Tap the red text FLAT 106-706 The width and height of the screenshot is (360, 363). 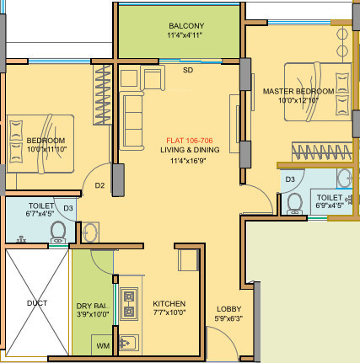click(x=190, y=139)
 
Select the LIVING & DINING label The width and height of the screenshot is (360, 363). click(x=190, y=149)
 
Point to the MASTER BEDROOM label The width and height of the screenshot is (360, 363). click(x=298, y=91)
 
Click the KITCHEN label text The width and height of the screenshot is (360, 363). click(x=169, y=304)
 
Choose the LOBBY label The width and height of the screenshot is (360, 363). click(x=228, y=309)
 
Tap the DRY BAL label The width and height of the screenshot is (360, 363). click(x=90, y=305)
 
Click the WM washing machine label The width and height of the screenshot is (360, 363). click(x=102, y=345)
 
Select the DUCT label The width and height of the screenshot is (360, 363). click(x=36, y=303)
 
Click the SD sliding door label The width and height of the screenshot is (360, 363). click(x=187, y=71)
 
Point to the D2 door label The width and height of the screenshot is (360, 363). click(x=99, y=185)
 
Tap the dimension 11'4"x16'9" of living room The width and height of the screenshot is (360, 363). click(x=190, y=159)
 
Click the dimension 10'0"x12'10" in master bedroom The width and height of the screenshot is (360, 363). click(x=298, y=100)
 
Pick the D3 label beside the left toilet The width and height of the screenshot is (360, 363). click(x=68, y=207)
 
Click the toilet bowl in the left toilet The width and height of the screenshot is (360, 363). click(x=58, y=231)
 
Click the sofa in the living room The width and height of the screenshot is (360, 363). click(x=134, y=120)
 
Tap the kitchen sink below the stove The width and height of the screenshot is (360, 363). click(x=129, y=342)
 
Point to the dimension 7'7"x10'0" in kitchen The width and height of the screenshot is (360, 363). click(x=169, y=313)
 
